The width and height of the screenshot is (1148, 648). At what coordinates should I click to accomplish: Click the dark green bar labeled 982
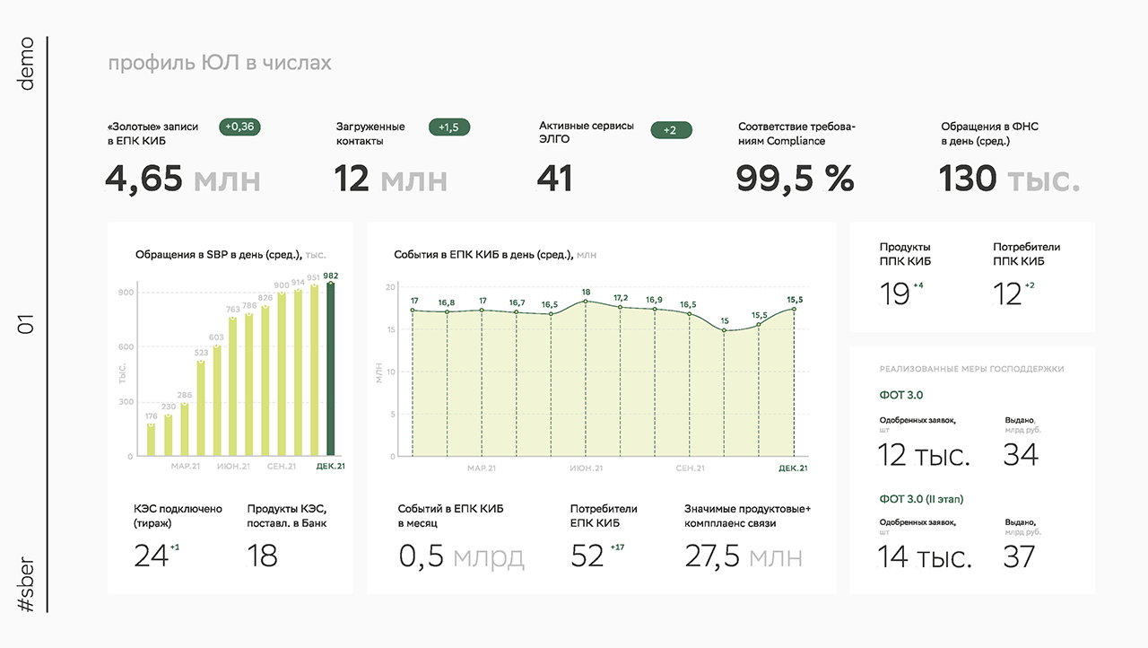[x=331, y=369]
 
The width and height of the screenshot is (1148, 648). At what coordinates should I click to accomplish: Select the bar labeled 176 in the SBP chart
[x=151, y=440]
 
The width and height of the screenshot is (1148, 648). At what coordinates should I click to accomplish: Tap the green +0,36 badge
[x=239, y=127]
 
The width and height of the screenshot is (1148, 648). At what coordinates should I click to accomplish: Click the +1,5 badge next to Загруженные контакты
[x=449, y=127]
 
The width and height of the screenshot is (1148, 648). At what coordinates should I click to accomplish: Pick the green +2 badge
[x=671, y=130]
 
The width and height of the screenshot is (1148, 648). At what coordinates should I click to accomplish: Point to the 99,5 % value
[x=795, y=179]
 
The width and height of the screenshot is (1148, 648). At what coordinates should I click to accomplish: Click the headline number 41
[x=554, y=179]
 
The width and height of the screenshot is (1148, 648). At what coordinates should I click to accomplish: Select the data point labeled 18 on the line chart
[x=586, y=302]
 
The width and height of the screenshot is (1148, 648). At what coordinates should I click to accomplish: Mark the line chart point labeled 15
[x=724, y=330]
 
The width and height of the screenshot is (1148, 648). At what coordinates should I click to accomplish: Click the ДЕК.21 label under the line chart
[x=793, y=468]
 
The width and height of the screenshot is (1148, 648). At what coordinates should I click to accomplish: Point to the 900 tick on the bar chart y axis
[x=126, y=293]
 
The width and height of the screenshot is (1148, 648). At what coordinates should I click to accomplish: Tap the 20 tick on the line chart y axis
[x=390, y=287]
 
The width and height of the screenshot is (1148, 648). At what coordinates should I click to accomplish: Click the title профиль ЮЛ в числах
[x=220, y=63]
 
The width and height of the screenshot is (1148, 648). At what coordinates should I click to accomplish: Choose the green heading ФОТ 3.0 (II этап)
[x=921, y=499]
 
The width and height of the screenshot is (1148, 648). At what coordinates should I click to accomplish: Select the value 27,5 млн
[x=744, y=556]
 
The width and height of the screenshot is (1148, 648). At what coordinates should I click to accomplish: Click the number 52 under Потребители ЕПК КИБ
[x=587, y=556]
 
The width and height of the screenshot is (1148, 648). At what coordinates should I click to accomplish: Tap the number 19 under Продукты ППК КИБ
[x=894, y=294]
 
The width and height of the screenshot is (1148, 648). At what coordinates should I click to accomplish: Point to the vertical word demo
[x=26, y=64]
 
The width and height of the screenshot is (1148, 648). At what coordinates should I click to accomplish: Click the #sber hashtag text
[x=26, y=584]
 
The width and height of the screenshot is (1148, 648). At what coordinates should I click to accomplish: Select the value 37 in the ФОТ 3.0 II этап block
[x=1019, y=556]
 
